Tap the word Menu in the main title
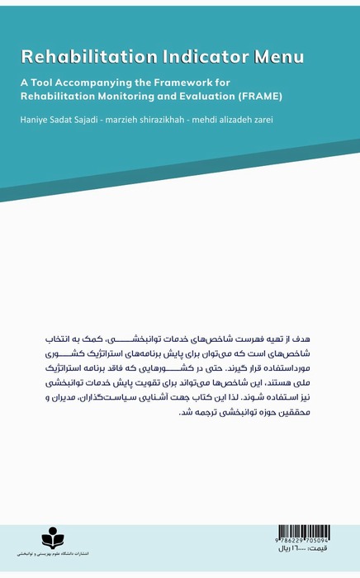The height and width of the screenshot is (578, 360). pyautogui.click(x=278, y=57)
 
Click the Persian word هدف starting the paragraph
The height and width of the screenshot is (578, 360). pyautogui.click(x=313, y=339)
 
